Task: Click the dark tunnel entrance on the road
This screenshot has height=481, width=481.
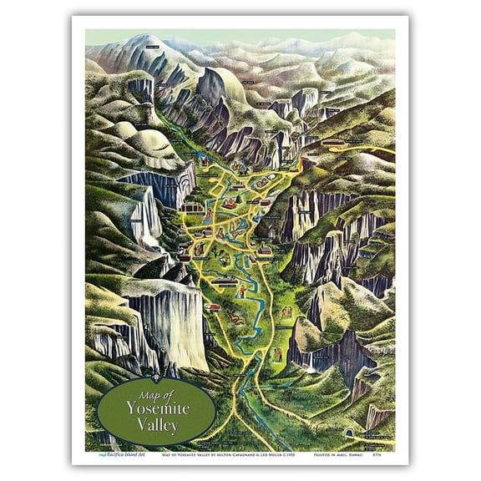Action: [x=348, y=435]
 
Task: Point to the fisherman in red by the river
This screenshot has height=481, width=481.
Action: [x=242, y=291]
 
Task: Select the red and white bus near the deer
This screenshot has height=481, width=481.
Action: [x=215, y=308]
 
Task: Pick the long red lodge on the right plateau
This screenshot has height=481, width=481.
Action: [x=334, y=142]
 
